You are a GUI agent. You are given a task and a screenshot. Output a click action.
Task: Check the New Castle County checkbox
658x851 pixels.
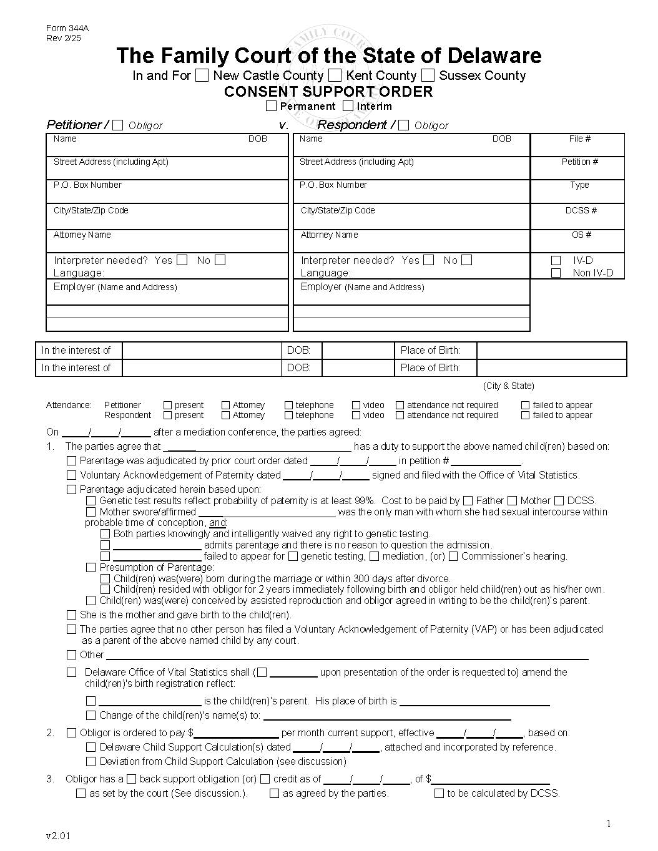[202, 75]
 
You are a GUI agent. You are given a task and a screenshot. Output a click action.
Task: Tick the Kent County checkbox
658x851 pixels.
[335, 75]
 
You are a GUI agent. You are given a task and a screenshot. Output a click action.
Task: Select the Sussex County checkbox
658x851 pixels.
[428, 75]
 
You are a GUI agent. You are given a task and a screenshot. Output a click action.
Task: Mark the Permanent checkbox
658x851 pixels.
[271, 106]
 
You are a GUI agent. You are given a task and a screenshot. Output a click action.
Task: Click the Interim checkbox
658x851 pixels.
[348, 106]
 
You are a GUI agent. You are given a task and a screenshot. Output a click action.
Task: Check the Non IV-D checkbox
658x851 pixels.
[556, 273]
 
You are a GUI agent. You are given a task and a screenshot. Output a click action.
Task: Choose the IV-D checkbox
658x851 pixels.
[556, 261]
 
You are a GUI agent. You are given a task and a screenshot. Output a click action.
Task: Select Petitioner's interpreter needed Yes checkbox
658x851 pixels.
[182, 260]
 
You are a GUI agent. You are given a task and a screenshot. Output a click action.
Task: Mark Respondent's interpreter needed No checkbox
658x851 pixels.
[467, 260]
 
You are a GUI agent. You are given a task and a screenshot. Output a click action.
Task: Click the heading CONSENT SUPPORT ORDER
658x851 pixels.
[328, 92]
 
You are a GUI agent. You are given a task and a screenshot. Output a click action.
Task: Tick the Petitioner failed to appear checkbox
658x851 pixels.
[525, 405]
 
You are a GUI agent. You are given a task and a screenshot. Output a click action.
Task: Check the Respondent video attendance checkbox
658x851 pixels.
[356, 415]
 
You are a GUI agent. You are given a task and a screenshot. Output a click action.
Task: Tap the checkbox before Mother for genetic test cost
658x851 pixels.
[512, 500]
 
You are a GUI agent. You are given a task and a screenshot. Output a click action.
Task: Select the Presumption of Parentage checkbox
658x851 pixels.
[91, 568]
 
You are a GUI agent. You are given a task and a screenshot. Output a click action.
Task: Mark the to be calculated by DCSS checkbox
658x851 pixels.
[439, 794]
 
